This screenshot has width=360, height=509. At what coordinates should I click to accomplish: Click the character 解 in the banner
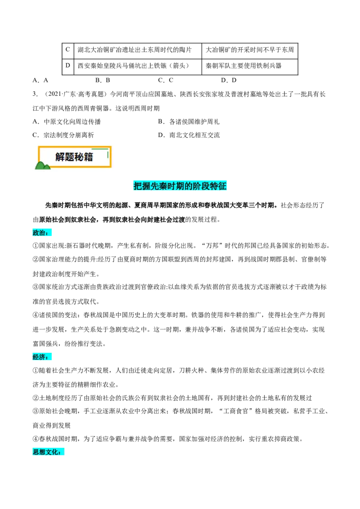[60, 157]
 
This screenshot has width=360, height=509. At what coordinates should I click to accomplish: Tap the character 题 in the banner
[70, 157]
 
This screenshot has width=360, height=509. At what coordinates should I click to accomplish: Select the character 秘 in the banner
[79, 157]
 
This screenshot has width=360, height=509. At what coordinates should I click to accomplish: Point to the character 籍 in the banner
[89, 157]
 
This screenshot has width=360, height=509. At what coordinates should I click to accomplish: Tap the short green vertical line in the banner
[108, 154]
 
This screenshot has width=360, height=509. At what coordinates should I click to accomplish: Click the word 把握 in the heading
[142, 186]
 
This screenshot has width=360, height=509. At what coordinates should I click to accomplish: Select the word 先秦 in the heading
[161, 186]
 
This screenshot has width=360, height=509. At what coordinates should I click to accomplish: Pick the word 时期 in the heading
[180, 186]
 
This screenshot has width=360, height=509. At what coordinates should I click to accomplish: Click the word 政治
[39, 232]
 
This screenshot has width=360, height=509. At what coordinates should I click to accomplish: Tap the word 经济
[39, 357]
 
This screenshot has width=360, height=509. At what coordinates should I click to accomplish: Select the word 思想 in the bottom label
[39, 452]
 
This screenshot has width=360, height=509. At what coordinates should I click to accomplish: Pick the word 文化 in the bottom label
[52, 452]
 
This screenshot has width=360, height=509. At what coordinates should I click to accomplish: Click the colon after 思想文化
[60, 453]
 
